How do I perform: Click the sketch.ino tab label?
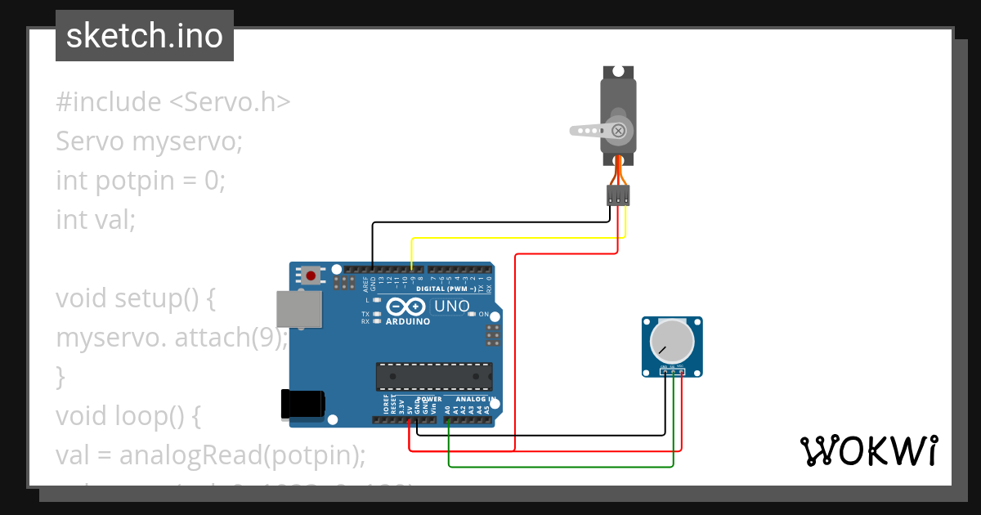pos(145,36)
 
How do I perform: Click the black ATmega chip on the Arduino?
pos(433,376)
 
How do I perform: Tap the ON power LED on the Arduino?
pos(473,315)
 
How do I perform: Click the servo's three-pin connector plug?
pos(618,195)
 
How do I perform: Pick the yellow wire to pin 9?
pos(515,238)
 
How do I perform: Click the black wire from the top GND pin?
pos(490,222)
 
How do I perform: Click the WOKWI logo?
pos(868,450)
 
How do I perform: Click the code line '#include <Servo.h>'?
pos(173,102)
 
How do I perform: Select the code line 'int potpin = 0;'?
pos(140,180)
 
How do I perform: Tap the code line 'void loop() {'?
pos(128,416)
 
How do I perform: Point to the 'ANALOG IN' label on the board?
pos(472,400)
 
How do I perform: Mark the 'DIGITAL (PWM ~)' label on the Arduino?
pos(446,289)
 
